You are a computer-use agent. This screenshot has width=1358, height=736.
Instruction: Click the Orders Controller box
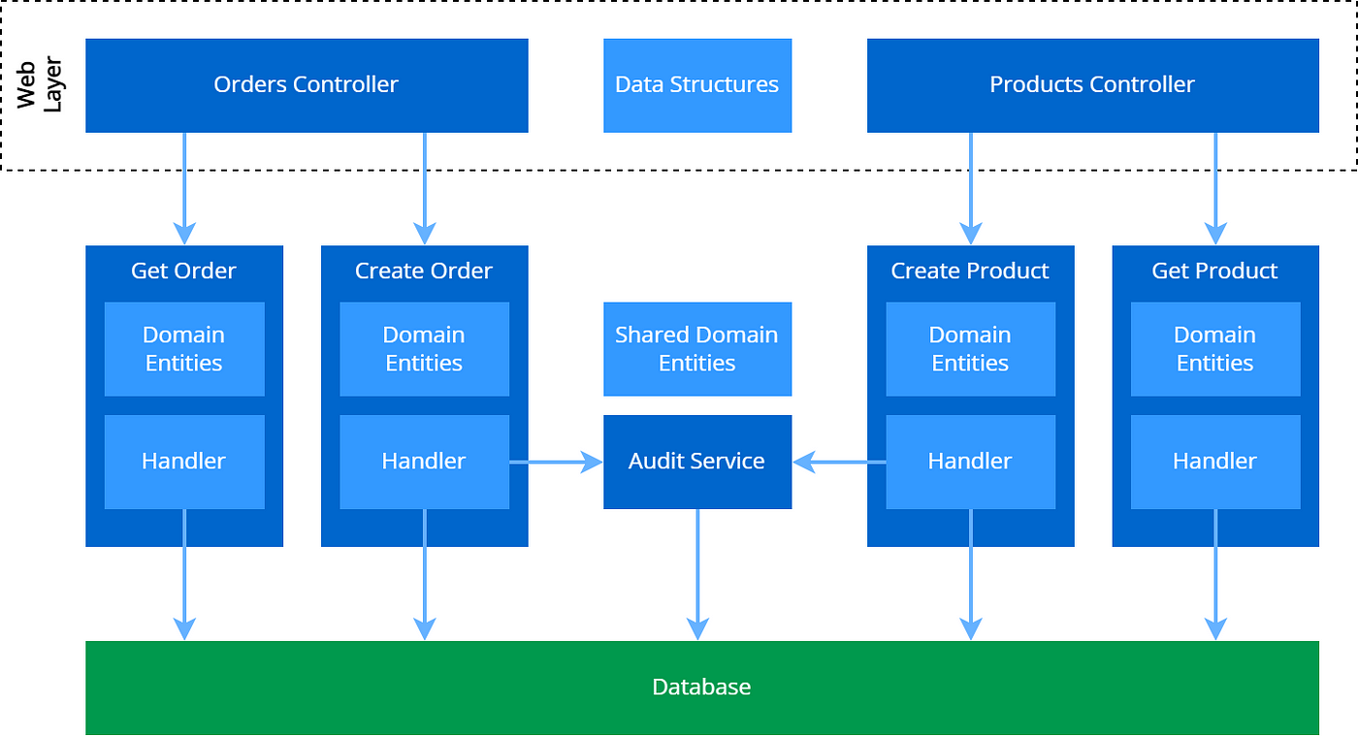[x=307, y=85]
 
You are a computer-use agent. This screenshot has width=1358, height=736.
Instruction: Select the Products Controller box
[x=1092, y=85]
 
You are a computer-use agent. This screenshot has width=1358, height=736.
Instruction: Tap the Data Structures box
[x=696, y=85]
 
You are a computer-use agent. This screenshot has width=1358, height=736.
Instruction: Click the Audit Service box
[x=696, y=462]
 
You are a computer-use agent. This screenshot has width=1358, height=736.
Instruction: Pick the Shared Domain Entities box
[x=696, y=349]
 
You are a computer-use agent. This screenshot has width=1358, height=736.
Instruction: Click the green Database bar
[x=701, y=688]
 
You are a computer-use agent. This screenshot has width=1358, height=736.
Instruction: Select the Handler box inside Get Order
[x=184, y=462]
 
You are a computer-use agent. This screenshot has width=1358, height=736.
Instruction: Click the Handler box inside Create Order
[x=424, y=462]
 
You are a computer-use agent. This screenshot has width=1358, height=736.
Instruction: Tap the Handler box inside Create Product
[x=970, y=462]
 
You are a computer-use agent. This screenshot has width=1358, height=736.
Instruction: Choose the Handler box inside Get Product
[x=1214, y=462]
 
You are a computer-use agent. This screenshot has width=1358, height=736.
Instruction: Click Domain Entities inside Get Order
[x=184, y=349]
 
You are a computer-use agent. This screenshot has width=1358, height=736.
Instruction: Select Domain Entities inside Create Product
[x=970, y=349]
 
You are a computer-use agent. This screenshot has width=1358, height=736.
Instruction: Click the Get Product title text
[x=1214, y=272]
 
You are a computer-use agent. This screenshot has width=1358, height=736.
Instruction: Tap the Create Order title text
[x=424, y=272]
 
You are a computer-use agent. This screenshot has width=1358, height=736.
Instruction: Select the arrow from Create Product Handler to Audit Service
[x=840, y=463]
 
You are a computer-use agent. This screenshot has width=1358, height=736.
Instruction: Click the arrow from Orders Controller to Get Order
[x=184, y=188]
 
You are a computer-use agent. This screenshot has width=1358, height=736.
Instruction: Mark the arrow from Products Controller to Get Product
[x=1215, y=188]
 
